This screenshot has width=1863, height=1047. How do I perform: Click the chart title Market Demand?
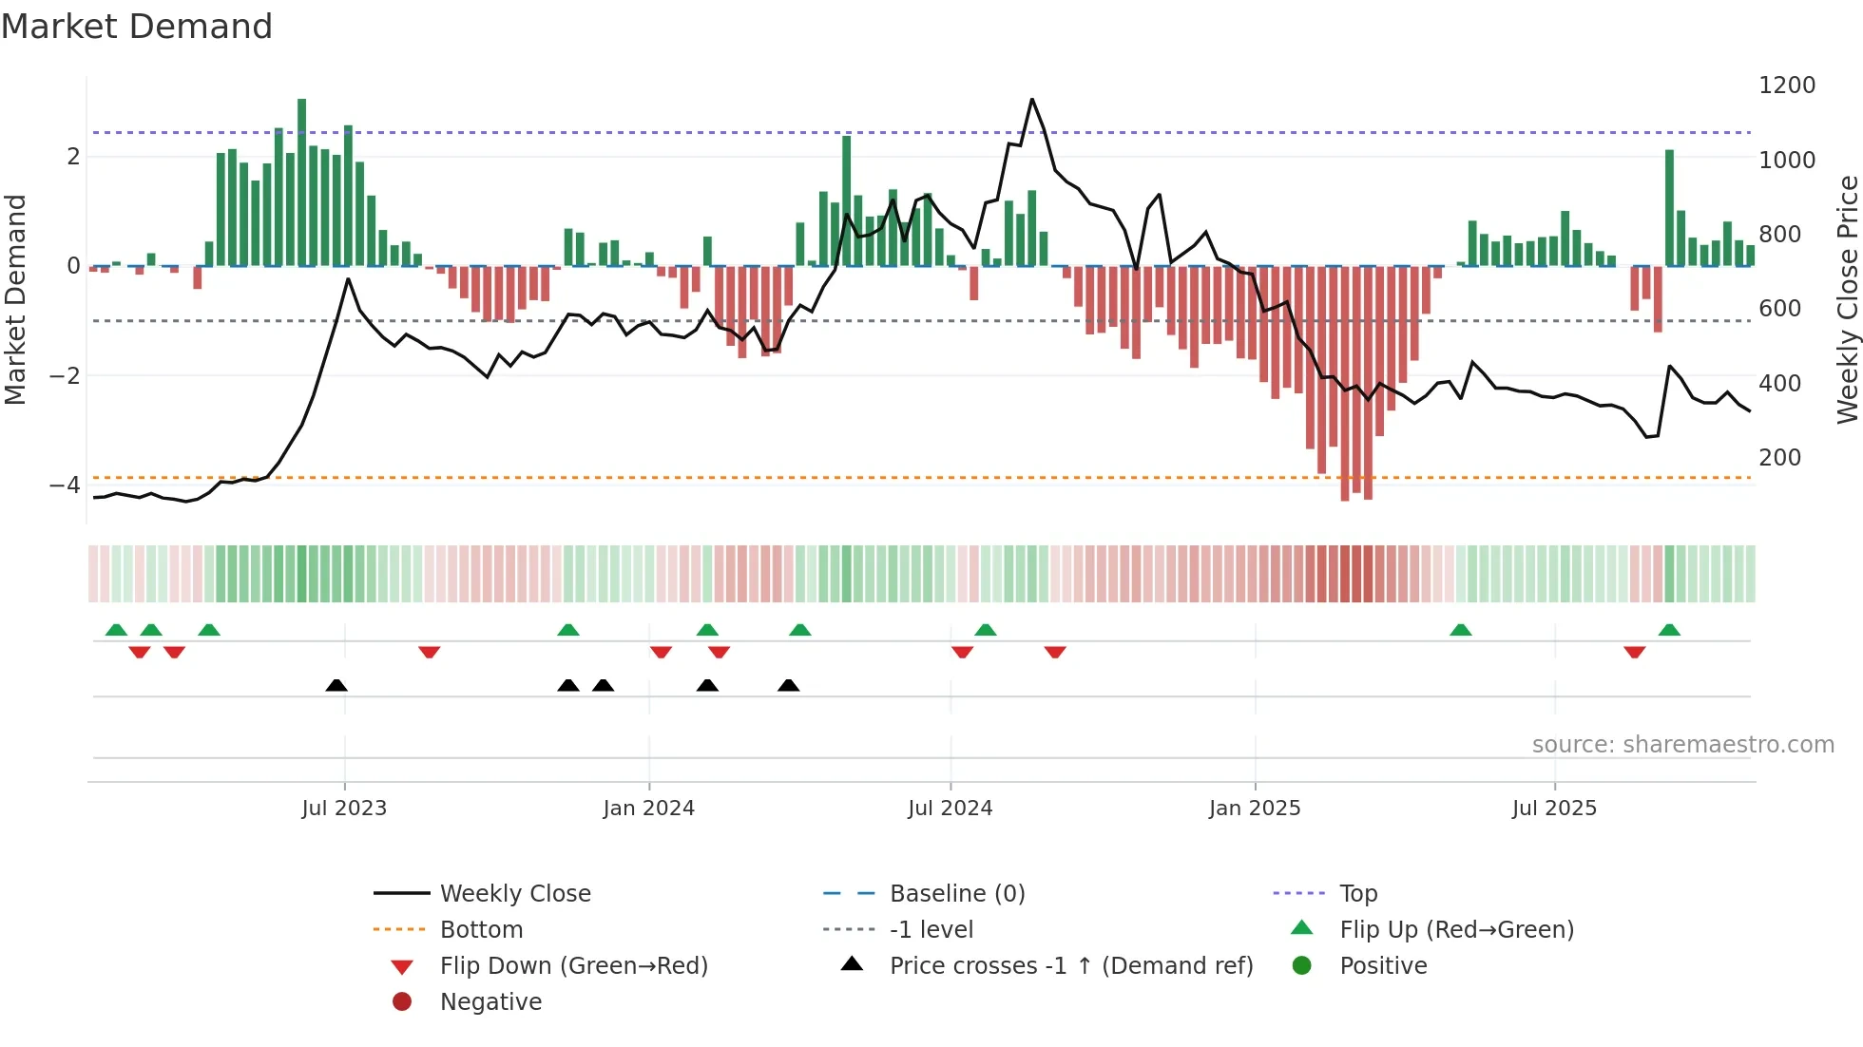click(x=137, y=27)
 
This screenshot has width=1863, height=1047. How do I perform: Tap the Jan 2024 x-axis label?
click(x=649, y=809)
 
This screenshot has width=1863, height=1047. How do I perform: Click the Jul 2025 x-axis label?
click(x=1554, y=809)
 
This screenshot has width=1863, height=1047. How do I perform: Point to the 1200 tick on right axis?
click(x=1786, y=86)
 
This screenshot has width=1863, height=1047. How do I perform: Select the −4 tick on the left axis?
click(x=65, y=485)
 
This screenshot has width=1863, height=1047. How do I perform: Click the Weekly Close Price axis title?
click(x=1847, y=299)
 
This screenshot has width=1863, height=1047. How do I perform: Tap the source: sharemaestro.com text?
click(x=1682, y=745)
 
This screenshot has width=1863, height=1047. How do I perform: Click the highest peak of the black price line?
click(x=1032, y=99)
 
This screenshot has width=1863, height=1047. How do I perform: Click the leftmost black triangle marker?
click(x=336, y=685)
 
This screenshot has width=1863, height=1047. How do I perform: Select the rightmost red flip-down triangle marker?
click(x=1634, y=653)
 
